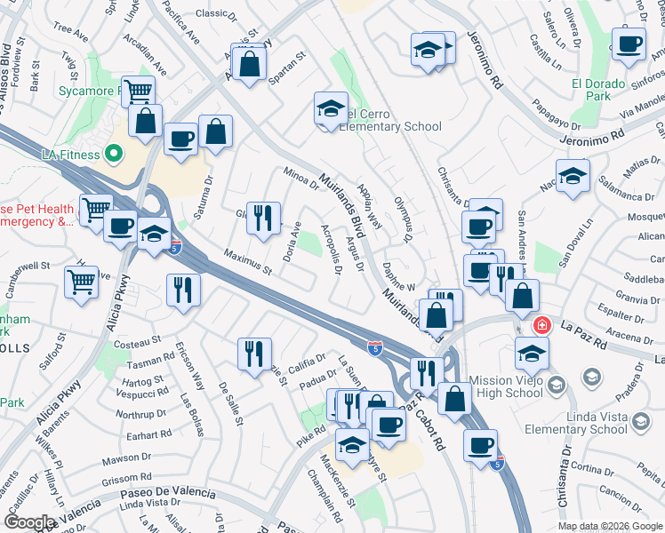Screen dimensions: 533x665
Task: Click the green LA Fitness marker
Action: tap(113, 154)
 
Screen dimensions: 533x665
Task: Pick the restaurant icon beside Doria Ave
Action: tap(262, 217)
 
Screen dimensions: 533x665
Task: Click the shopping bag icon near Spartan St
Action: tap(250, 61)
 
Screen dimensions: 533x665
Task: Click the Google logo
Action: tap(29, 522)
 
